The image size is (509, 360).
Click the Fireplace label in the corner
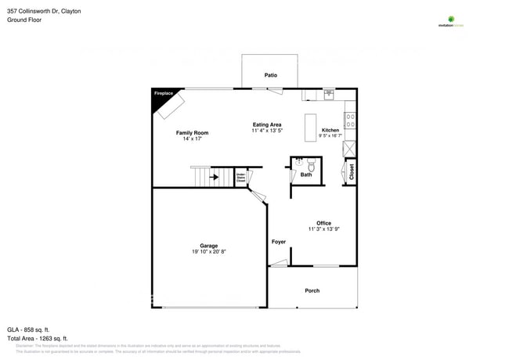[x=163, y=94]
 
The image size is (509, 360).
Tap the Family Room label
[x=192, y=133]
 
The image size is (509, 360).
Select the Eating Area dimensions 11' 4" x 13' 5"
[x=267, y=131]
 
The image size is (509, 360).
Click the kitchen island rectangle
[x=311, y=127]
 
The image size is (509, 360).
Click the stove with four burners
[x=350, y=121]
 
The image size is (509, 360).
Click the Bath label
[x=306, y=175]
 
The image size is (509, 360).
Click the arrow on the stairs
[x=213, y=178]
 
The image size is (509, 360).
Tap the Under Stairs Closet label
[x=240, y=178]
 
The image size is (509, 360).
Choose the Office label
[x=323, y=223]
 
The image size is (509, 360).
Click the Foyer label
[x=279, y=242]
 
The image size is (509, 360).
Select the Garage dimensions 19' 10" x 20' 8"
[x=208, y=252]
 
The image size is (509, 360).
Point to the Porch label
[x=312, y=290]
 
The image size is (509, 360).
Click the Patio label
[x=270, y=75]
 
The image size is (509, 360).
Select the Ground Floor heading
[x=25, y=20]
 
